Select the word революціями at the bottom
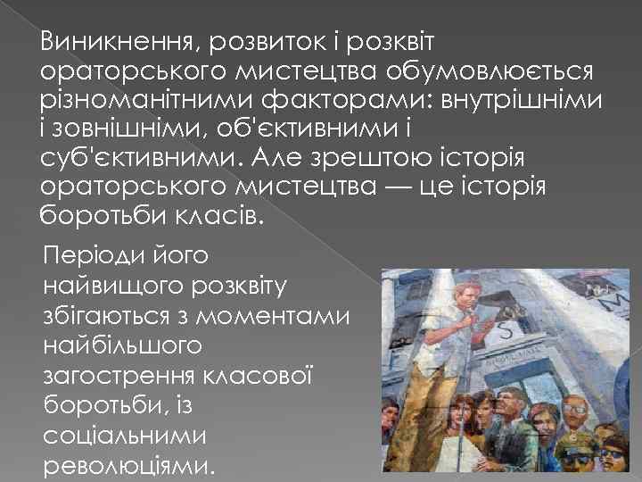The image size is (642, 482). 128,465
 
